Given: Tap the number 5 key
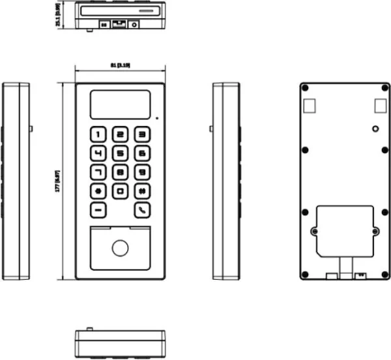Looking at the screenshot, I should [x=120, y=154].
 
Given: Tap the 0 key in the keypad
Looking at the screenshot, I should [x=120, y=192].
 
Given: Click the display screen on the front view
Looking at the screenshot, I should [x=119, y=104].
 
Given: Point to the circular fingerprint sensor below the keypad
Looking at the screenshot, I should [x=119, y=248].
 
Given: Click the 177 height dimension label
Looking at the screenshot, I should [x=58, y=180].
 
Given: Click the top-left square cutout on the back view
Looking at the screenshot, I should [x=310, y=104].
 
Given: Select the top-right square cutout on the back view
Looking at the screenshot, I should [x=379, y=104].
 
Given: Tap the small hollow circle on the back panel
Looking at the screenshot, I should [x=375, y=129].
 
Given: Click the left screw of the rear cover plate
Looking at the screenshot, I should [x=314, y=231].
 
